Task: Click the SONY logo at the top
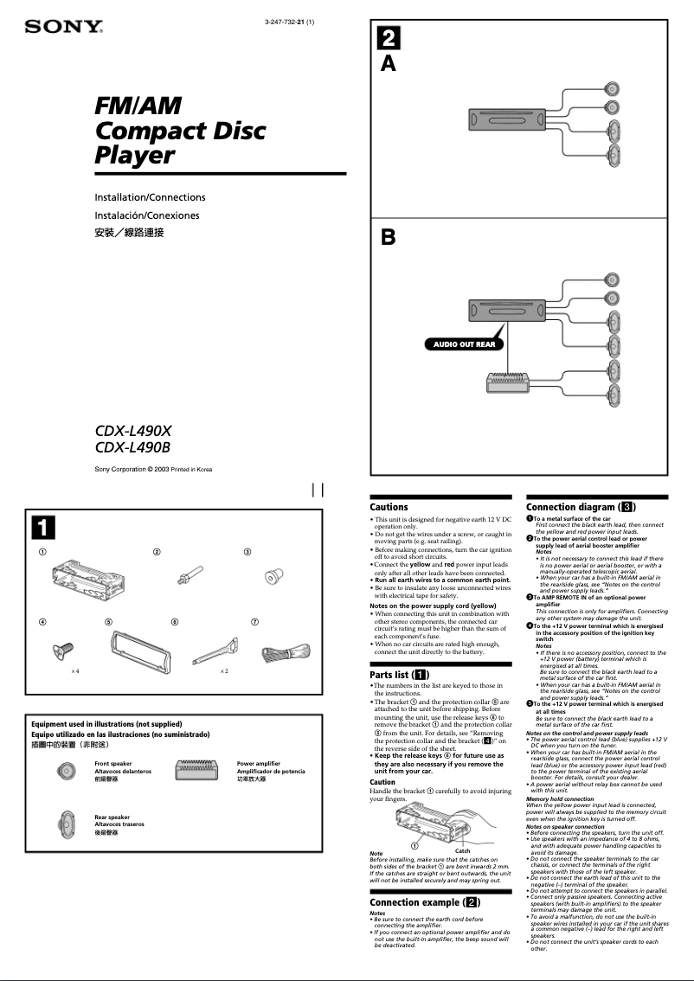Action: (64, 27)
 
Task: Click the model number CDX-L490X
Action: (133, 430)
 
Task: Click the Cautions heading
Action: (389, 507)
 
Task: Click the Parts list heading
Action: (398, 674)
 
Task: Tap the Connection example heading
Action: (425, 902)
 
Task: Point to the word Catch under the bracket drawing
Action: (463, 851)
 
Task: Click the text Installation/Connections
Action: (150, 197)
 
